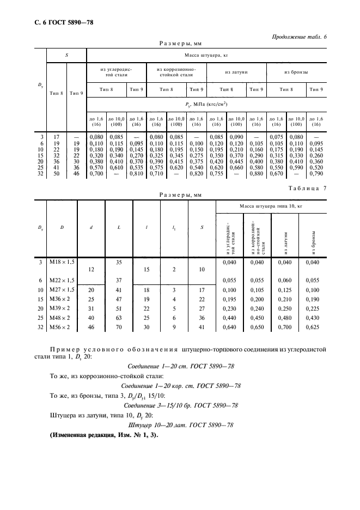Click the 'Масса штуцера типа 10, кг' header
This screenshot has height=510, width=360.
(x=270, y=206)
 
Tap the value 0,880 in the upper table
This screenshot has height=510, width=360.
(x=256, y=174)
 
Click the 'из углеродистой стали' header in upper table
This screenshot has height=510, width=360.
(x=115, y=72)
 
